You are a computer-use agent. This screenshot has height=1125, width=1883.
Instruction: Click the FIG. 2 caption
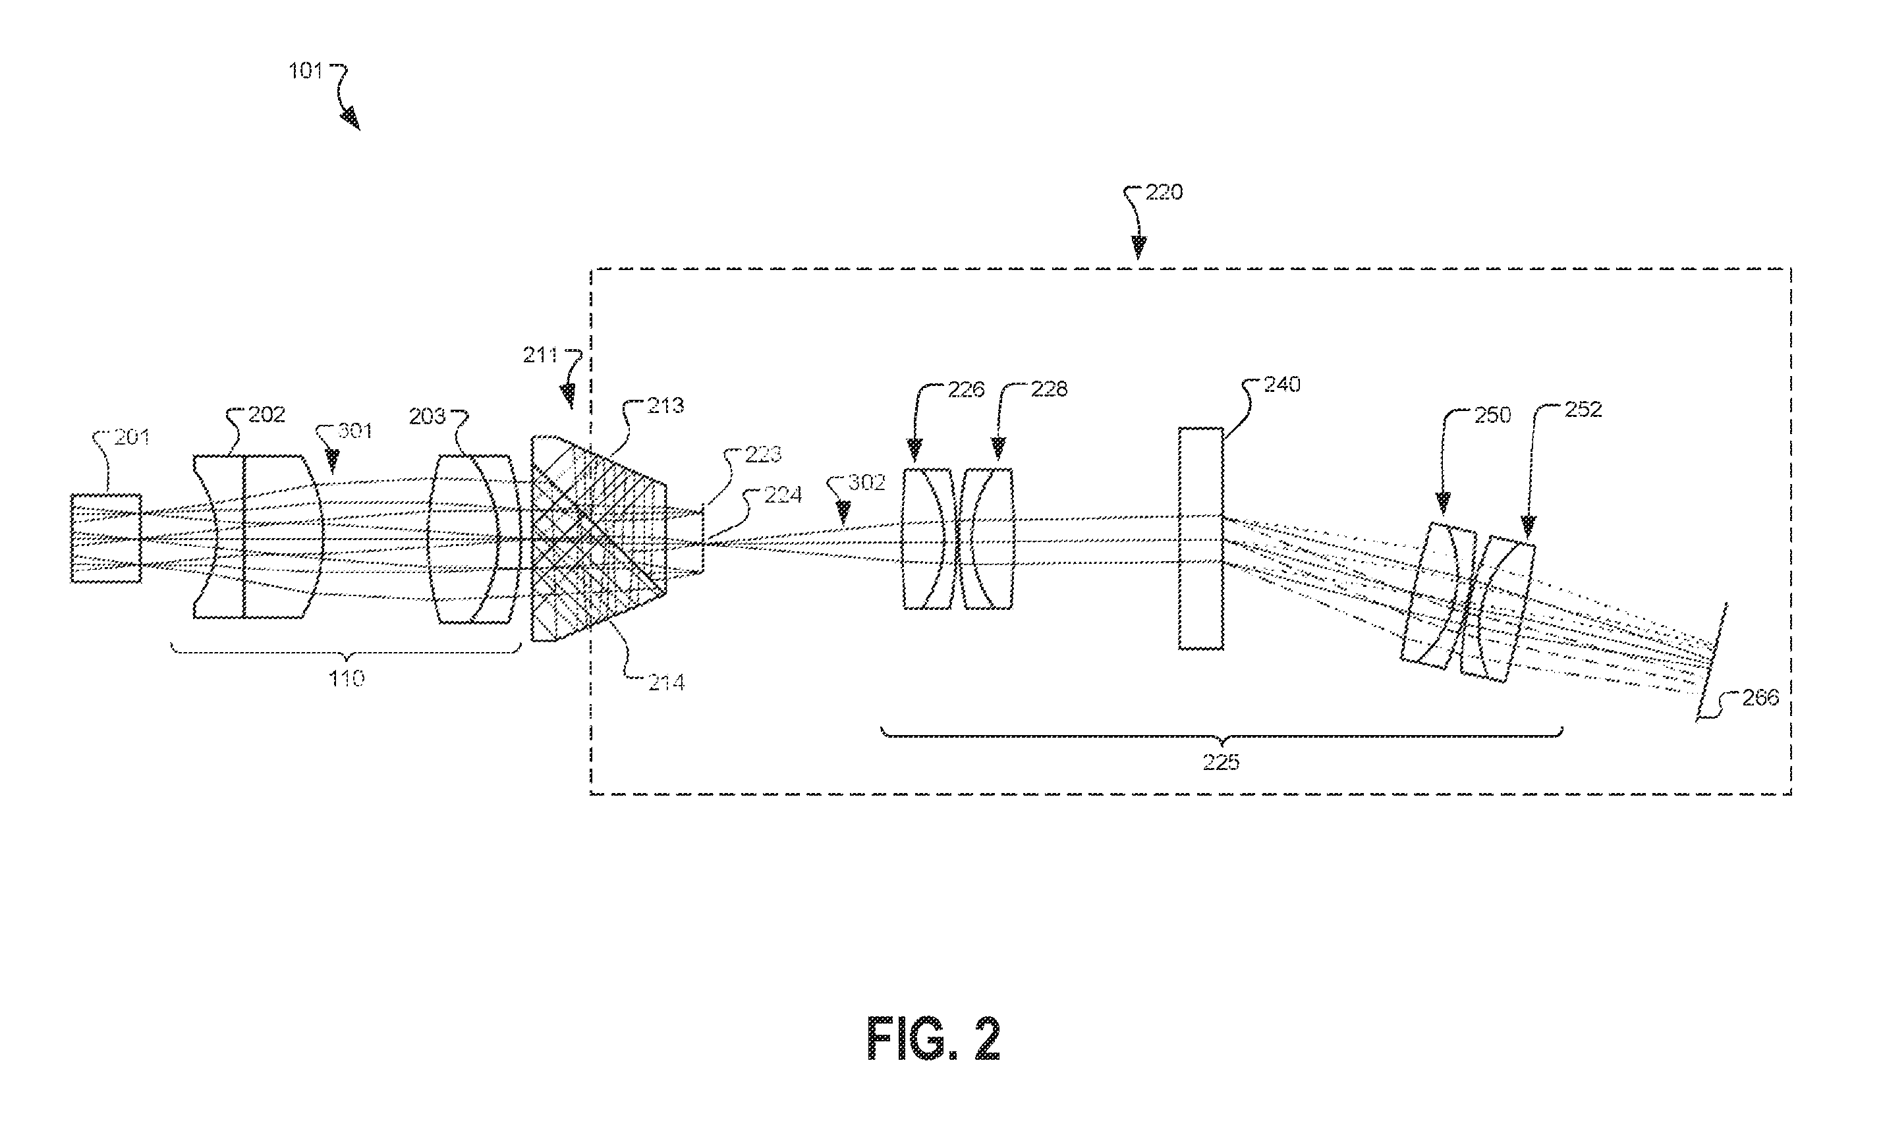[934, 1039]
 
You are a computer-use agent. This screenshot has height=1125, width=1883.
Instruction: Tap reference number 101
[306, 71]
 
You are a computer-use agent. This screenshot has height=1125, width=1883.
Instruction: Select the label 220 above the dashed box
[1164, 192]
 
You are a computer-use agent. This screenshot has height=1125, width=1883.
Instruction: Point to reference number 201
[132, 437]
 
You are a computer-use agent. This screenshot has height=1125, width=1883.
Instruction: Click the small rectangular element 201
[106, 538]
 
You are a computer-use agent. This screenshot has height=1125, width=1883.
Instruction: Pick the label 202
[267, 415]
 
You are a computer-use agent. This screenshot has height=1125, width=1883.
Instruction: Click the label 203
[427, 416]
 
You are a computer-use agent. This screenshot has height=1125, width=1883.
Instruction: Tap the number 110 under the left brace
[346, 678]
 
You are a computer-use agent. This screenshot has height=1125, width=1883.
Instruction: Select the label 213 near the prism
[665, 406]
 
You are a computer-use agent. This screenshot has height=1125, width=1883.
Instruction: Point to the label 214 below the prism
[666, 683]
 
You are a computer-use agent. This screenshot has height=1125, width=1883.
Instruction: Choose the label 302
[866, 482]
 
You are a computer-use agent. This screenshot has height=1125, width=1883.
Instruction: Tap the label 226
[966, 390]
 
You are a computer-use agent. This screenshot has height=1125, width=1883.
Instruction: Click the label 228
[1048, 389]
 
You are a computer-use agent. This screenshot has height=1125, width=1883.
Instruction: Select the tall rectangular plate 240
[1200, 538]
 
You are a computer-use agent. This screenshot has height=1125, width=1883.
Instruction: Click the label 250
[1492, 416]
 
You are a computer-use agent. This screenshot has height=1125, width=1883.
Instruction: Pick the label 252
[1584, 410]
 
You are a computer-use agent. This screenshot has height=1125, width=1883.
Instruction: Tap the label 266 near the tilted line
[1761, 698]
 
